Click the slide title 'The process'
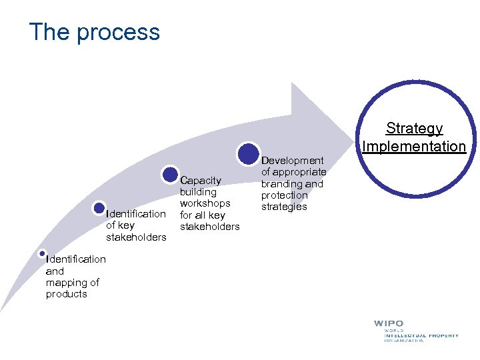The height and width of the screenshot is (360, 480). (x=94, y=32)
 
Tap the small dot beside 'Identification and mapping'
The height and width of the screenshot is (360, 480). (x=42, y=253)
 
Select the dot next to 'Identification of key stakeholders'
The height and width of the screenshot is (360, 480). (x=99, y=208)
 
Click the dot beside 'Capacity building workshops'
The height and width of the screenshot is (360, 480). (x=170, y=175)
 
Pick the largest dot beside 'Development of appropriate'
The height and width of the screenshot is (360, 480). (x=248, y=153)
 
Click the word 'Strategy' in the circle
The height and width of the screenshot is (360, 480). (x=414, y=129)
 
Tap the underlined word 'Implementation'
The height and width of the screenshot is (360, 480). (x=414, y=146)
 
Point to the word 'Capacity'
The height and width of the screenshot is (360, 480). (x=201, y=180)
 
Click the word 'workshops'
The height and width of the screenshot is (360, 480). (x=205, y=203)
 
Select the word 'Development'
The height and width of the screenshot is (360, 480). (x=292, y=161)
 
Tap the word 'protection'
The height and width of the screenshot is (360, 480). (x=284, y=195)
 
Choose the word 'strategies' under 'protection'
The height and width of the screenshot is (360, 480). (x=284, y=207)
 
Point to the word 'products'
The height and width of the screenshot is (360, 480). (x=66, y=294)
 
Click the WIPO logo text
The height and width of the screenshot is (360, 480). (x=389, y=324)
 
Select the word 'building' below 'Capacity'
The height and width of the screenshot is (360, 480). (x=198, y=192)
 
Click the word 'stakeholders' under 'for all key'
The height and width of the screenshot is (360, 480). (x=209, y=227)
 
